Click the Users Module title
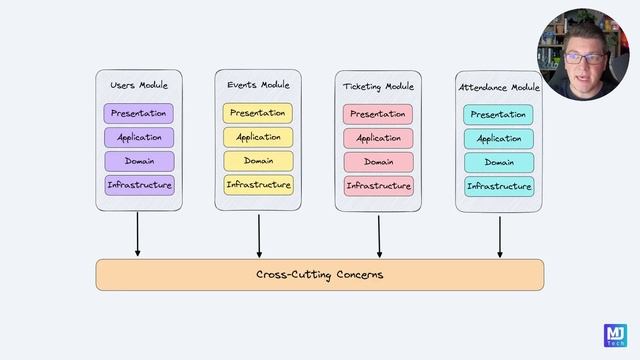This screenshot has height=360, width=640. pyautogui.click(x=139, y=86)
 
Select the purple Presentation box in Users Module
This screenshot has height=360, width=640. pyautogui.click(x=139, y=113)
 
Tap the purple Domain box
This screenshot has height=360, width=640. pyautogui.click(x=139, y=161)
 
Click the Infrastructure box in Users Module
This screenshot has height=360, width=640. pyautogui.click(x=139, y=185)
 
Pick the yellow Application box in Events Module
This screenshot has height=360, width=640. pyautogui.click(x=258, y=137)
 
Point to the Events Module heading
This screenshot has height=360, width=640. pyautogui.click(x=258, y=85)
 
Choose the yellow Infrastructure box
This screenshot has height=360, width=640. pyautogui.click(x=258, y=185)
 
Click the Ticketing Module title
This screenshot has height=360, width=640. pyautogui.click(x=378, y=87)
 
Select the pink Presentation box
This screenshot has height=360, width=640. pyautogui.click(x=378, y=114)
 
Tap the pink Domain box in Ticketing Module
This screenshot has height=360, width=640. pyautogui.click(x=378, y=162)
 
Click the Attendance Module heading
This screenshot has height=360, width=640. pyautogui.click(x=498, y=88)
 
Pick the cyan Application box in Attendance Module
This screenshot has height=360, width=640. pyautogui.click(x=498, y=139)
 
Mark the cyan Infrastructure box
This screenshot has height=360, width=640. pyautogui.click(x=498, y=186)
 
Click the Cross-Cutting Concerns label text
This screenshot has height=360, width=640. pyautogui.click(x=319, y=274)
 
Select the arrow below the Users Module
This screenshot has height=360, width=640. pyautogui.click(x=138, y=235)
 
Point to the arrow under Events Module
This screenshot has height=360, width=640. pyautogui.click(x=259, y=235)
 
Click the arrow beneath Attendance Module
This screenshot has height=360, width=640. pyautogui.click(x=499, y=236)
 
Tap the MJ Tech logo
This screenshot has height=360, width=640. pyautogui.click(x=615, y=335)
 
